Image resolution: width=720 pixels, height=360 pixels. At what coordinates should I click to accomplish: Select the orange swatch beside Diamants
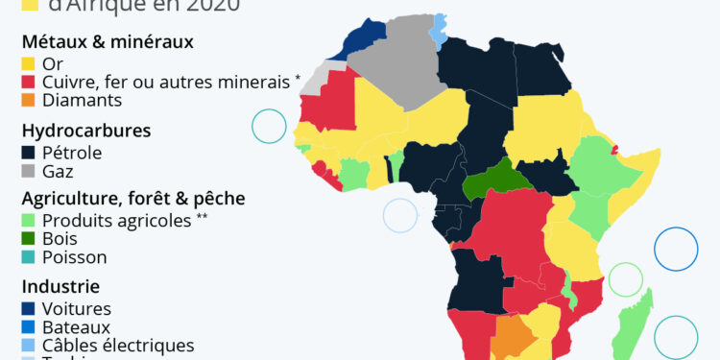30,100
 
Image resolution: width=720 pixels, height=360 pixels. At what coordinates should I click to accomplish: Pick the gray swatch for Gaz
30,171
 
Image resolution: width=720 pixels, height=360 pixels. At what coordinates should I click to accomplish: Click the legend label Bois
60,239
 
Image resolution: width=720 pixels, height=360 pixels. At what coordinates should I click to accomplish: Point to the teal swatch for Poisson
30,257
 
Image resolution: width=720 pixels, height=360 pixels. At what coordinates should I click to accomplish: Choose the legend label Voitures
77,309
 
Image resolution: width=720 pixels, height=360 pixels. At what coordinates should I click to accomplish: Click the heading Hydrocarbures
85,131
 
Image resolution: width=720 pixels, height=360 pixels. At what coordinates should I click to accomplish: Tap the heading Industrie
60,287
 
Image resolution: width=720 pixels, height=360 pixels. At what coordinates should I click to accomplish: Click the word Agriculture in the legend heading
67,199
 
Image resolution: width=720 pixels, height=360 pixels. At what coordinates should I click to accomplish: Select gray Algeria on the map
394,67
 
